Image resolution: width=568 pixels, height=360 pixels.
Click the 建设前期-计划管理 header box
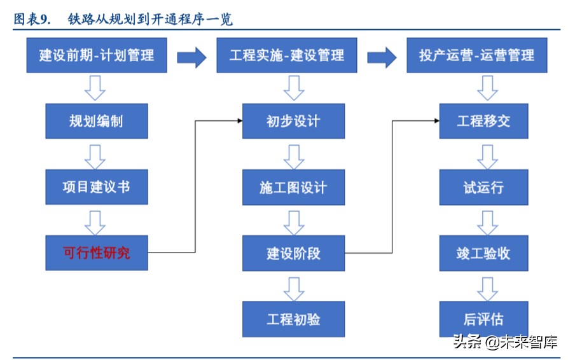(x=97, y=55)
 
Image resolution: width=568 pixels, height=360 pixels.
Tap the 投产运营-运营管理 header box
(x=476, y=55)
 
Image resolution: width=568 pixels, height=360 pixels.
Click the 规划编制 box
(x=97, y=121)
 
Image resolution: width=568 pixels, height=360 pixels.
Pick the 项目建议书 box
(x=97, y=186)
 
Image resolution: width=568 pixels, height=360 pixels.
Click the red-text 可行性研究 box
(x=97, y=253)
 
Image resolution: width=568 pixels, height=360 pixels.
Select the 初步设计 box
(x=293, y=121)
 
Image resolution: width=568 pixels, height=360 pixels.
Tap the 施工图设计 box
(x=293, y=187)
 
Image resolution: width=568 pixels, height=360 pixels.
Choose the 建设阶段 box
(x=293, y=253)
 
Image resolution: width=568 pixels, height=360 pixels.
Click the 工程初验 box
(x=293, y=319)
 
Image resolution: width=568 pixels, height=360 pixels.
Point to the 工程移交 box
(x=483, y=121)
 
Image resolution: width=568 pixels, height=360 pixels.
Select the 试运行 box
(x=483, y=187)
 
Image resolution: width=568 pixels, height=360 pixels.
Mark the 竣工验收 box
(x=483, y=253)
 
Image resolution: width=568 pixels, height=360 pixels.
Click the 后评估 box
(x=483, y=319)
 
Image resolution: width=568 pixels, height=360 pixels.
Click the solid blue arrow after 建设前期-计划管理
(x=191, y=57)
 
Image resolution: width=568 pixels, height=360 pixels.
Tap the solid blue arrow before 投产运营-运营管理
(x=382, y=57)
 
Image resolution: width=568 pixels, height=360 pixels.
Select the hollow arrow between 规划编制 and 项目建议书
(x=95, y=155)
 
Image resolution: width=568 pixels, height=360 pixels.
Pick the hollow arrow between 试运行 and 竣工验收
(x=487, y=221)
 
